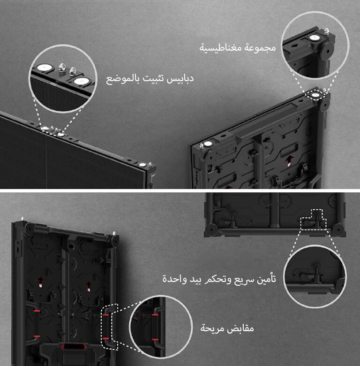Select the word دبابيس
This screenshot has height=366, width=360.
coord(179,78)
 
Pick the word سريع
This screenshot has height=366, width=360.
coord(241,278)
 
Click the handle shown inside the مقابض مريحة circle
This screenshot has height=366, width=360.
coord(155,327)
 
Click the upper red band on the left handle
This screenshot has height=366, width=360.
coord(36,311)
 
